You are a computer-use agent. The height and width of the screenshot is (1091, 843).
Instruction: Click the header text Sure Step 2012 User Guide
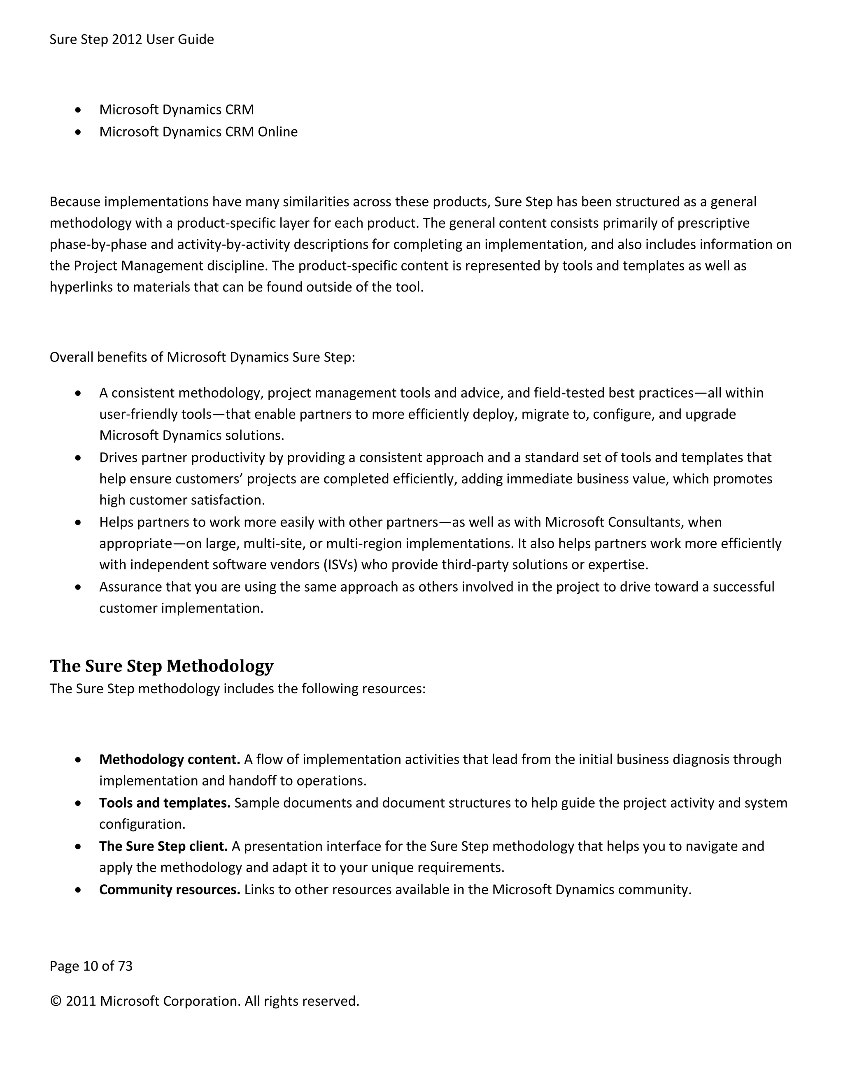coord(131,40)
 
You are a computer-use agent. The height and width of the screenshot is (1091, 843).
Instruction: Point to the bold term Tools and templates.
coord(164,803)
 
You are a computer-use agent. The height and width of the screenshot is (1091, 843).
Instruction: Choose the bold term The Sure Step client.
coord(163,846)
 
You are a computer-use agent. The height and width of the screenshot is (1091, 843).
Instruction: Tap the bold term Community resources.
coord(169,890)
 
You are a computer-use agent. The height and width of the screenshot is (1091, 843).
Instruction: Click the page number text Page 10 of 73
coord(91,966)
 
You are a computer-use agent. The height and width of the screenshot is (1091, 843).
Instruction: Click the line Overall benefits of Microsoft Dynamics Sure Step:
coord(202,358)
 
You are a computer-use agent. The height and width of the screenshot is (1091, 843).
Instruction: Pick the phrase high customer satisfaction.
coord(182,500)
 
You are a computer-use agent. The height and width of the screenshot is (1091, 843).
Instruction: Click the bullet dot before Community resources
coord(78,890)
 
